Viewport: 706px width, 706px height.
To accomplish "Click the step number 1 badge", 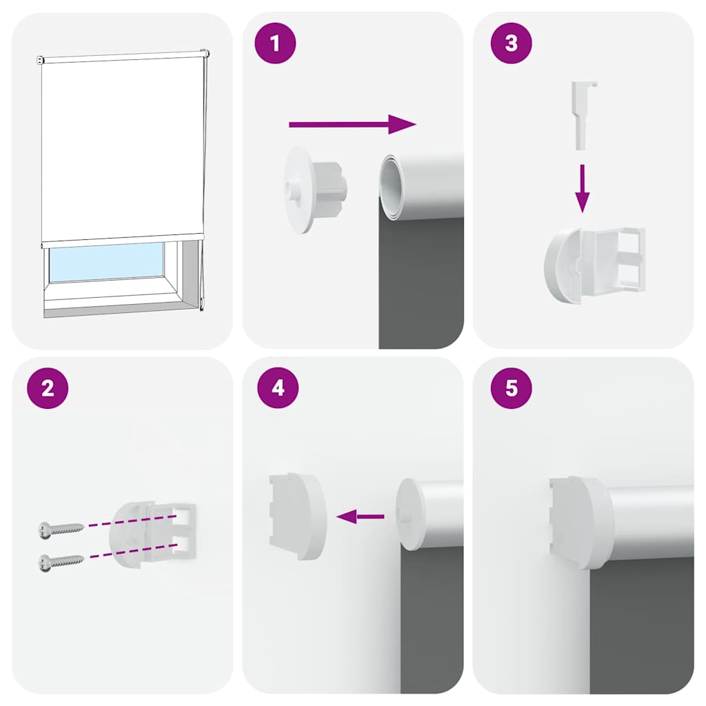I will [x=276, y=43].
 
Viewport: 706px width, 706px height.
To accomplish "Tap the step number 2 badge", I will [x=48, y=388].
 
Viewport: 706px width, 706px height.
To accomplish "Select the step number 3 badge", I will [x=511, y=43].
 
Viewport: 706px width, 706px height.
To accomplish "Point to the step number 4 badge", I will [x=278, y=388].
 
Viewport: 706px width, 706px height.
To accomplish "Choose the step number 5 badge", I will [x=511, y=388].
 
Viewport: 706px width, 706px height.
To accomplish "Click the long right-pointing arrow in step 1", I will [x=352, y=124].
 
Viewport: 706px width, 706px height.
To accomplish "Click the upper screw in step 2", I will [x=61, y=528].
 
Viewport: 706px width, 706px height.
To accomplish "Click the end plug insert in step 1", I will [x=316, y=188].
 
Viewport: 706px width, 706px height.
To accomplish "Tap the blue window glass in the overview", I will [x=106, y=261].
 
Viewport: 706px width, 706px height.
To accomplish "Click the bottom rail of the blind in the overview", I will [x=123, y=238].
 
